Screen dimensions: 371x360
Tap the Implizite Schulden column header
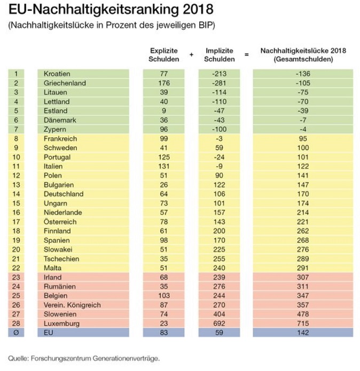point(221,54)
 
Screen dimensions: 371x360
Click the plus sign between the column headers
point(191,54)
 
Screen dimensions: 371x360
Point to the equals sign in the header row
point(247,54)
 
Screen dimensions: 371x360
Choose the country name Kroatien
point(58,74)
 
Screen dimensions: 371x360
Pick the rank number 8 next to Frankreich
point(17,139)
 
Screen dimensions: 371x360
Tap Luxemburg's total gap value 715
point(303,323)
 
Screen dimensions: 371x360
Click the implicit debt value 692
point(221,323)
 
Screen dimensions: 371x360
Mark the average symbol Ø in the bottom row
point(17,333)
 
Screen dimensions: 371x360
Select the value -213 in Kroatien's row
point(221,74)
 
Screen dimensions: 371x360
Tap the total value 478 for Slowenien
point(303,314)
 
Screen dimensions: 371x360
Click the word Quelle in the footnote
point(18,358)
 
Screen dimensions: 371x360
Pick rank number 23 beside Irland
point(17,277)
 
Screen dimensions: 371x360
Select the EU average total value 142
point(303,333)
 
